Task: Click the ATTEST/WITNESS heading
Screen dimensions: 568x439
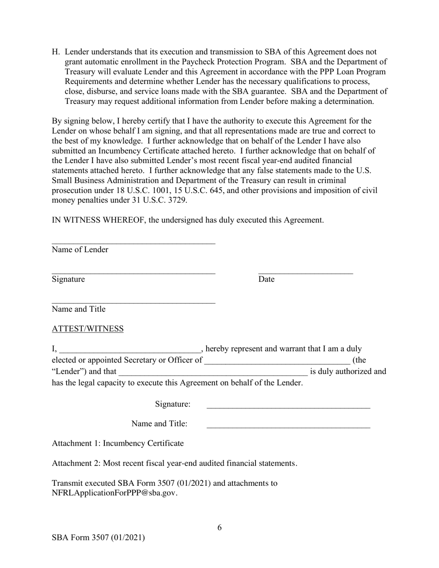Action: pyautogui.click(x=88, y=329)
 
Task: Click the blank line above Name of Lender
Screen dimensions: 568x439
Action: pyautogui.click(x=134, y=243)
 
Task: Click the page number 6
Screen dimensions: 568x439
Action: pyautogui.click(x=219, y=528)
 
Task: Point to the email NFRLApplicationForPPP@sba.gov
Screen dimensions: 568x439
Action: pyautogui.click(x=115, y=493)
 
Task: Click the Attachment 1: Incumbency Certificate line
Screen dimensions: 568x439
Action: pyautogui.click(x=118, y=443)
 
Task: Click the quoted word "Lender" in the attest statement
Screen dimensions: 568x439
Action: pyautogui.click(x=69, y=372)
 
